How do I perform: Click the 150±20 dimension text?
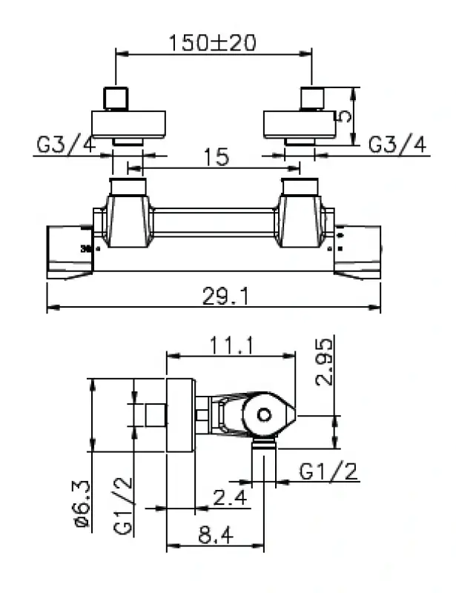click(212, 42)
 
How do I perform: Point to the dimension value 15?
click(216, 157)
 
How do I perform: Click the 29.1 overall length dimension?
click(225, 296)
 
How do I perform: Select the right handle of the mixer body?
click(358, 251)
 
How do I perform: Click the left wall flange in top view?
click(128, 123)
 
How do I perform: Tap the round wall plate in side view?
click(180, 415)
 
